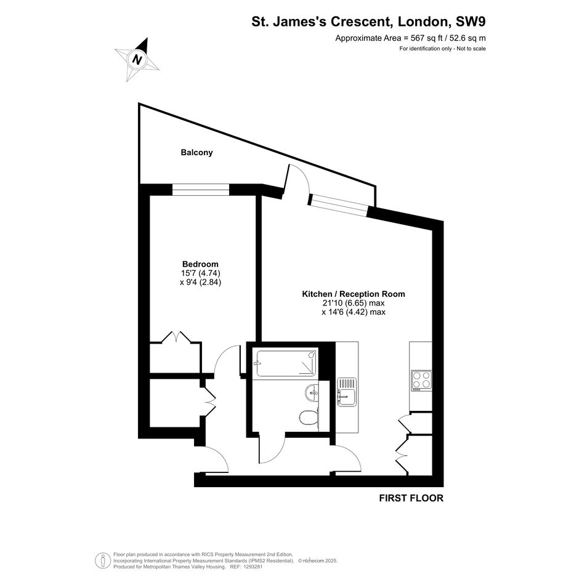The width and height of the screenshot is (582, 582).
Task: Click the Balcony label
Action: [x=196, y=153]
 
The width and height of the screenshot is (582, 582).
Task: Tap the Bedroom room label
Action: [x=200, y=264]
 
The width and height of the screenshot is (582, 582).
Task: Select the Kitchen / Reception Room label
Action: [x=354, y=294]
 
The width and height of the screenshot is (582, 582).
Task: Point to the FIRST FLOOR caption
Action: [x=411, y=498]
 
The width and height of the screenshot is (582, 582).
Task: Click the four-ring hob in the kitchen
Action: [x=421, y=381]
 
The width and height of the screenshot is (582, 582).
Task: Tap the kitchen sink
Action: [x=347, y=392]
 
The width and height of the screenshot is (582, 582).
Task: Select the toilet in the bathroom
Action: [x=309, y=419]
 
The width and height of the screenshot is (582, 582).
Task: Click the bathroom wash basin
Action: [x=312, y=393]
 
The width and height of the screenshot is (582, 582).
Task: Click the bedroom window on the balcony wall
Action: [x=200, y=190]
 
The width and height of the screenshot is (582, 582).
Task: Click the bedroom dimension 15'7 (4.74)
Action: [x=200, y=273]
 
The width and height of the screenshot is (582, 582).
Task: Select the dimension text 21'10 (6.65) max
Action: [x=354, y=303]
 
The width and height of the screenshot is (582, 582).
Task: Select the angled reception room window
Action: [x=339, y=205]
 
